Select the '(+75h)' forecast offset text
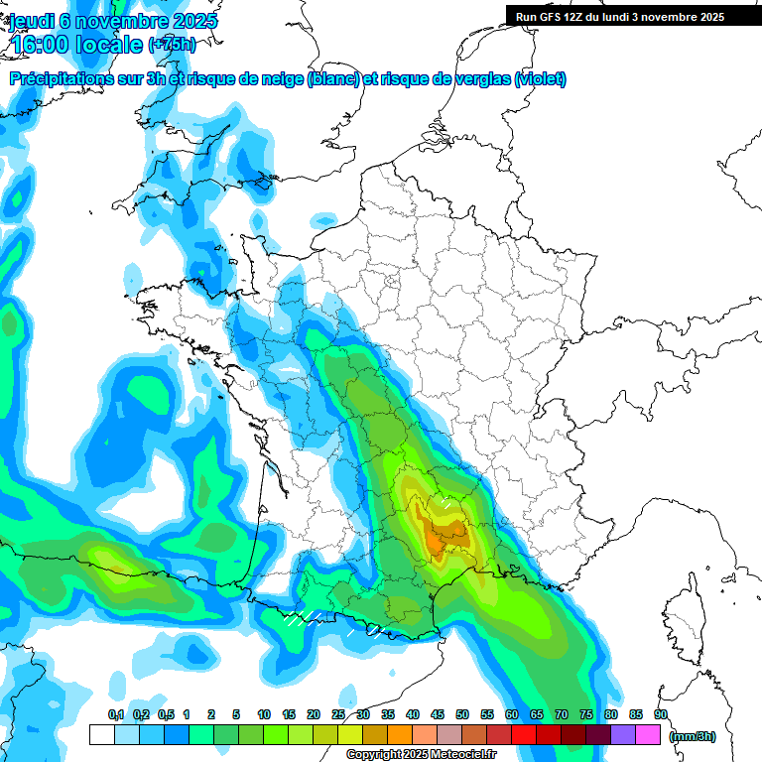point(172,45)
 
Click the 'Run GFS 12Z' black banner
point(620,17)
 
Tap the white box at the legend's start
point(101,735)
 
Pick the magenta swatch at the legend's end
point(649,735)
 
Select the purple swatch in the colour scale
point(623,735)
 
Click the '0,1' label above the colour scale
point(116,714)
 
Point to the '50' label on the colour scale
point(462,714)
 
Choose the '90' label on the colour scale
point(661,714)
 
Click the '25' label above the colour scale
point(338,714)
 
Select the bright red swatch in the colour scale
point(524,735)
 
